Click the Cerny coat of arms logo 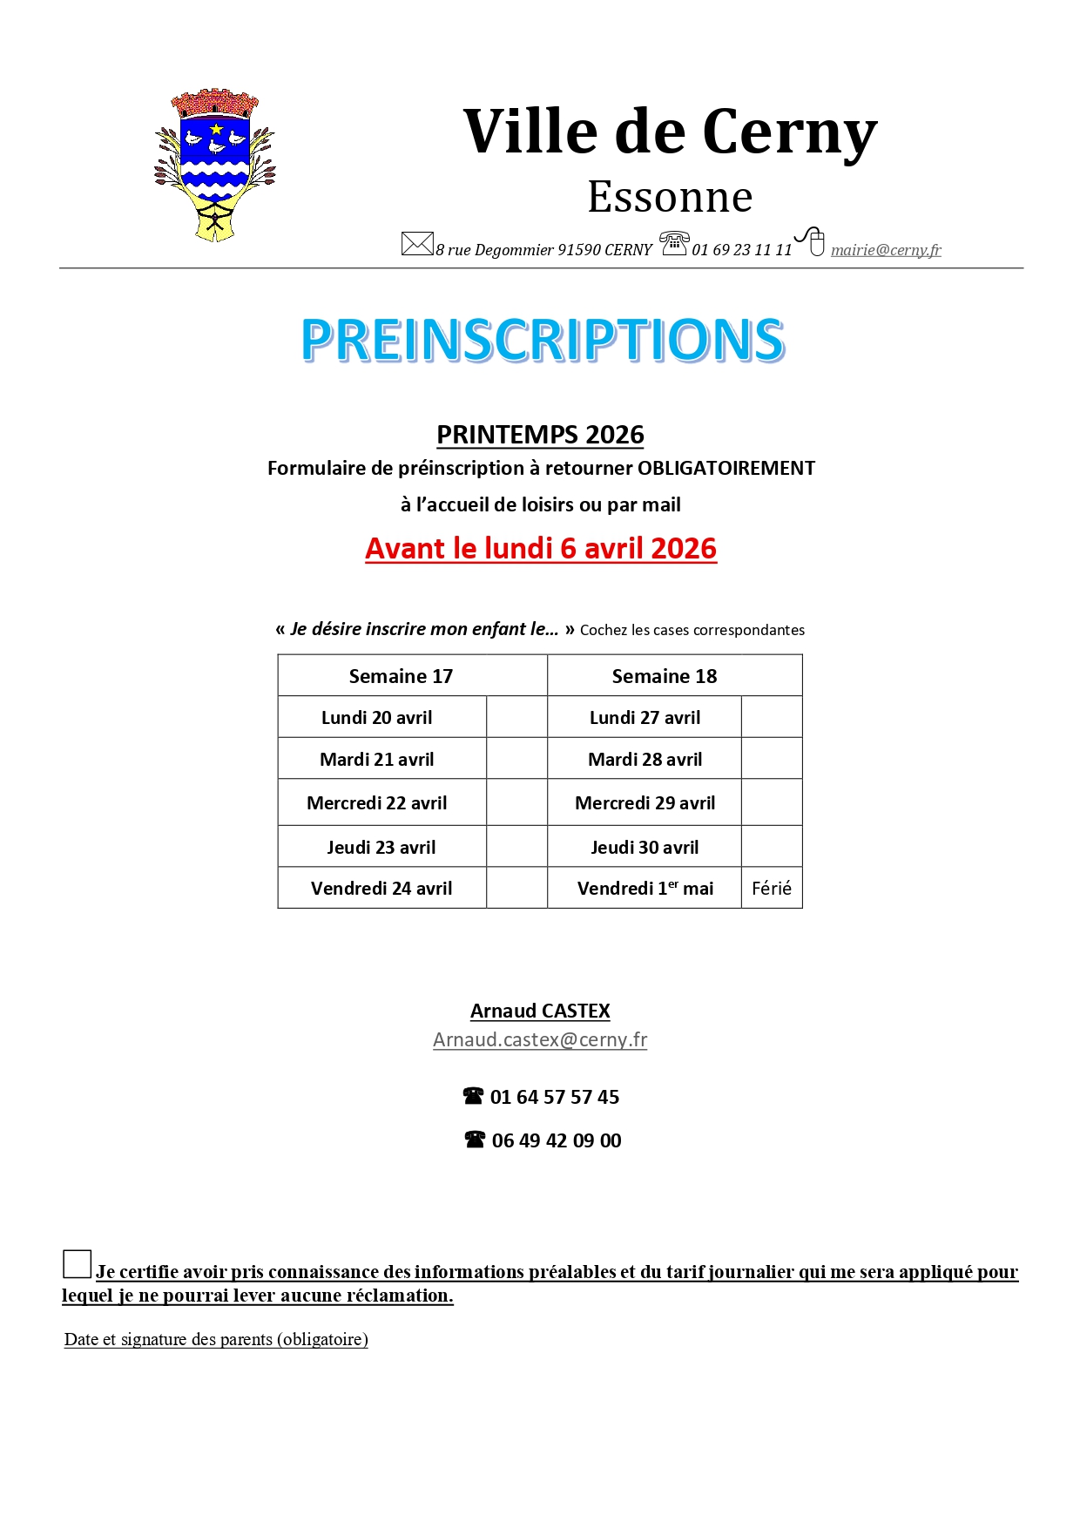pos(214,165)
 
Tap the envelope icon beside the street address pos(417,244)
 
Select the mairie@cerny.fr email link pos(886,250)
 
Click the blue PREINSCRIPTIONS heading pos(543,340)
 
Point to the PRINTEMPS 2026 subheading pos(540,434)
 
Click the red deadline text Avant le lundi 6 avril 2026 pos(541,548)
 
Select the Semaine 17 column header pos(401,676)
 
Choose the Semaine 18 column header pos(665,676)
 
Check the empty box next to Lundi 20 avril pos(516,717)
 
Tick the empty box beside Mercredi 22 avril pos(516,802)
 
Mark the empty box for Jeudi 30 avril pos(771,847)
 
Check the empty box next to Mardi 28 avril pos(771,759)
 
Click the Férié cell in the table pos(771,888)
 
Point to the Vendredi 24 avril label pos(381,888)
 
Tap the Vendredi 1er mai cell pos(645,888)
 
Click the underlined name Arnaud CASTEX pos(540,1011)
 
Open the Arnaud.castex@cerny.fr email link pos(540,1039)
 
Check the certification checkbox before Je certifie pos(78,1264)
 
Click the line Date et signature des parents pos(216,1339)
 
